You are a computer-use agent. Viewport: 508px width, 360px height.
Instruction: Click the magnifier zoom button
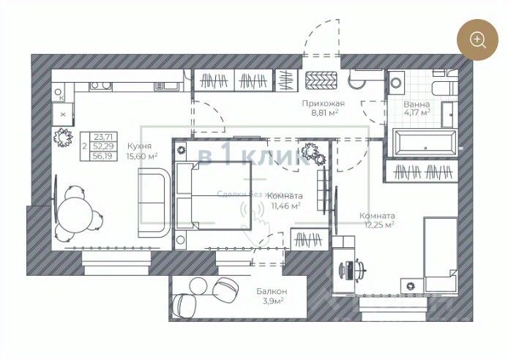coord(478,40)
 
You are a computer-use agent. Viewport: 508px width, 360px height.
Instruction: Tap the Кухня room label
coord(139,145)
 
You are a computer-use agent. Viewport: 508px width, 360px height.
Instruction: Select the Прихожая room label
coord(323,104)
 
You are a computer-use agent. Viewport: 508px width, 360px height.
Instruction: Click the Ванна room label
coord(417,105)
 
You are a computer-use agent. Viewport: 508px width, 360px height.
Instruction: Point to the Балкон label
coord(271,292)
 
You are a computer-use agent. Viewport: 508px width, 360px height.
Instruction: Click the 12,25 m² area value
coord(377,225)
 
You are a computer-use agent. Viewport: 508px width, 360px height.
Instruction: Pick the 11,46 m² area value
coord(286,206)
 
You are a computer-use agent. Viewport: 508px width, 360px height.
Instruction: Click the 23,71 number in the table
coord(104,137)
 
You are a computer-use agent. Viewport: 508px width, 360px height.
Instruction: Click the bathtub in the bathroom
coord(424,142)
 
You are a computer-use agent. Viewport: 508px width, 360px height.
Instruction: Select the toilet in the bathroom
coord(442,88)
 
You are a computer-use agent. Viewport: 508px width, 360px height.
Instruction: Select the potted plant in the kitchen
coord(61,136)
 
